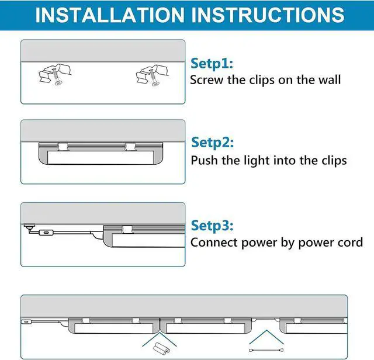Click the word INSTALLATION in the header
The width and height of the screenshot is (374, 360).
(x=111, y=15)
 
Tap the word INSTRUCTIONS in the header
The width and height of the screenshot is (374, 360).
(x=268, y=15)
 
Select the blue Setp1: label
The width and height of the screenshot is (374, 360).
(x=212, y=63)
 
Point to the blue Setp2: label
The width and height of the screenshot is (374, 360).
(x=213, y=143)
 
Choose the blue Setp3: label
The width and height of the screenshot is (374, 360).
(x=213, y=226)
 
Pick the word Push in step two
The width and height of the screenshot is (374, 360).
(x=204, y=160)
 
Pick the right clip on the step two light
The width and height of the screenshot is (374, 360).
(x=130, y=146)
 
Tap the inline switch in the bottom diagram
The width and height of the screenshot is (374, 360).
(x=26, y=322)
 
